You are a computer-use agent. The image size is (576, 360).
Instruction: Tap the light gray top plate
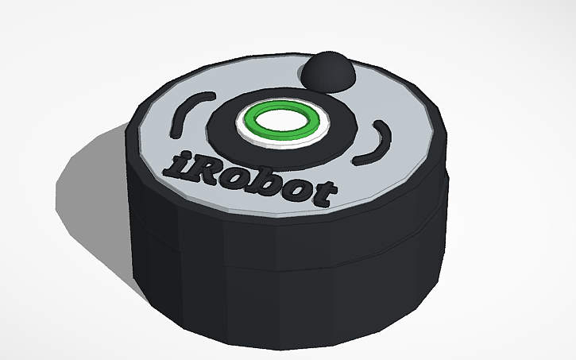click(x=381, y=171)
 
